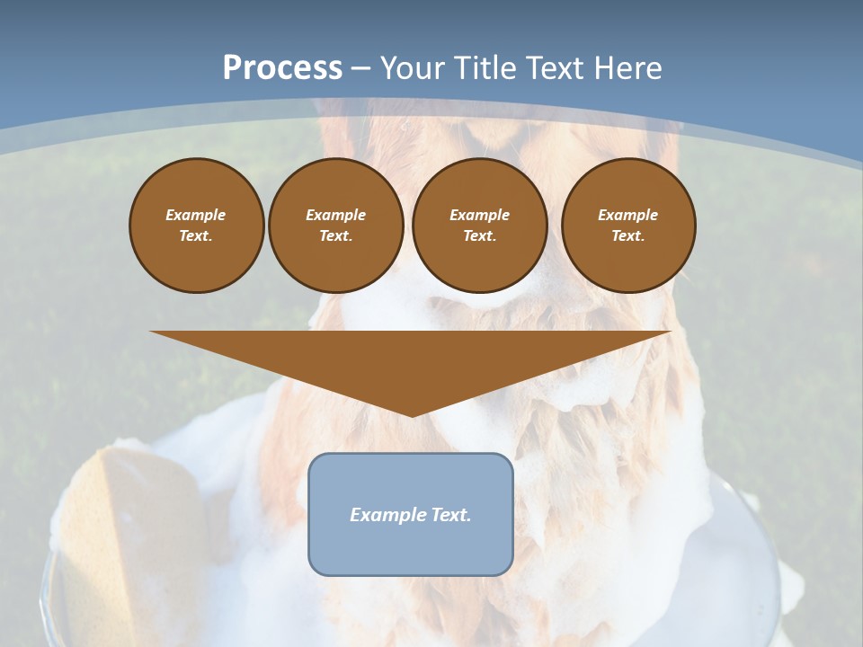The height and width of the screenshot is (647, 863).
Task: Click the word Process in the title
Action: coord(282,68)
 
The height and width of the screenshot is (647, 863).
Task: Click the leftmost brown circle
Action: coord(197,226)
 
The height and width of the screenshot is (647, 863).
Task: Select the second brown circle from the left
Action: coord(336,226)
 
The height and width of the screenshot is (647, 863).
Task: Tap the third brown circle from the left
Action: coord(480,226)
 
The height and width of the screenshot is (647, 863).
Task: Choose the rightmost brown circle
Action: coord(628,226)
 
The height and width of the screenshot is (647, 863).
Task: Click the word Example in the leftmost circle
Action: coord(196,215)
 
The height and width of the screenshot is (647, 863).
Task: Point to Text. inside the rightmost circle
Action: coord(628,236)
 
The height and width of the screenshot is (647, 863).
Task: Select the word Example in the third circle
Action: coord(479,215)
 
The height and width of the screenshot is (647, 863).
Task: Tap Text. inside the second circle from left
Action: coord(335,236)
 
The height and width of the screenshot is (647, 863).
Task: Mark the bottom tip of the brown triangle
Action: coord(411,414)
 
